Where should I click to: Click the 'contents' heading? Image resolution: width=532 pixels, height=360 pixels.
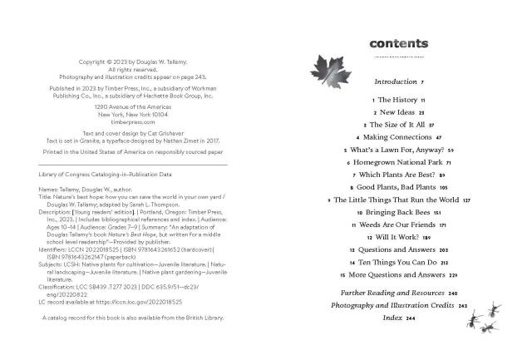398,43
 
